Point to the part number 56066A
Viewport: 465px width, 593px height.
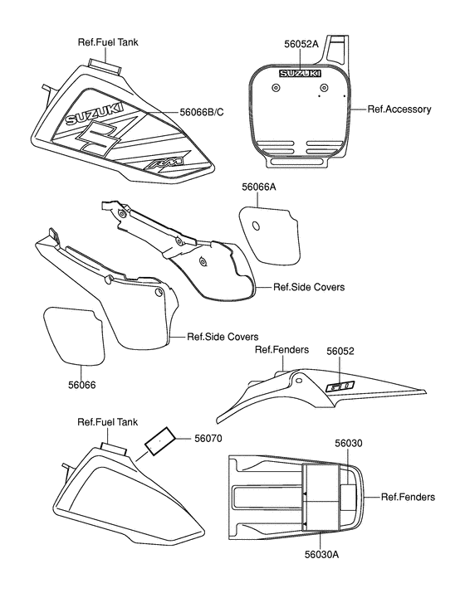click(259, 188)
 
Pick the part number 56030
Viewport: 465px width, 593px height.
click(349, 444)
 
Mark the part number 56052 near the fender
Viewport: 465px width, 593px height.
click(340, 351)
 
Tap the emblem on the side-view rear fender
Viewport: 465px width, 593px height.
click(340, 386)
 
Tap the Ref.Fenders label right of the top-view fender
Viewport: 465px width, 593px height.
click(408, 497)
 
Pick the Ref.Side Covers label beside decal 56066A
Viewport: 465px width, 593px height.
click(309, 287)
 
